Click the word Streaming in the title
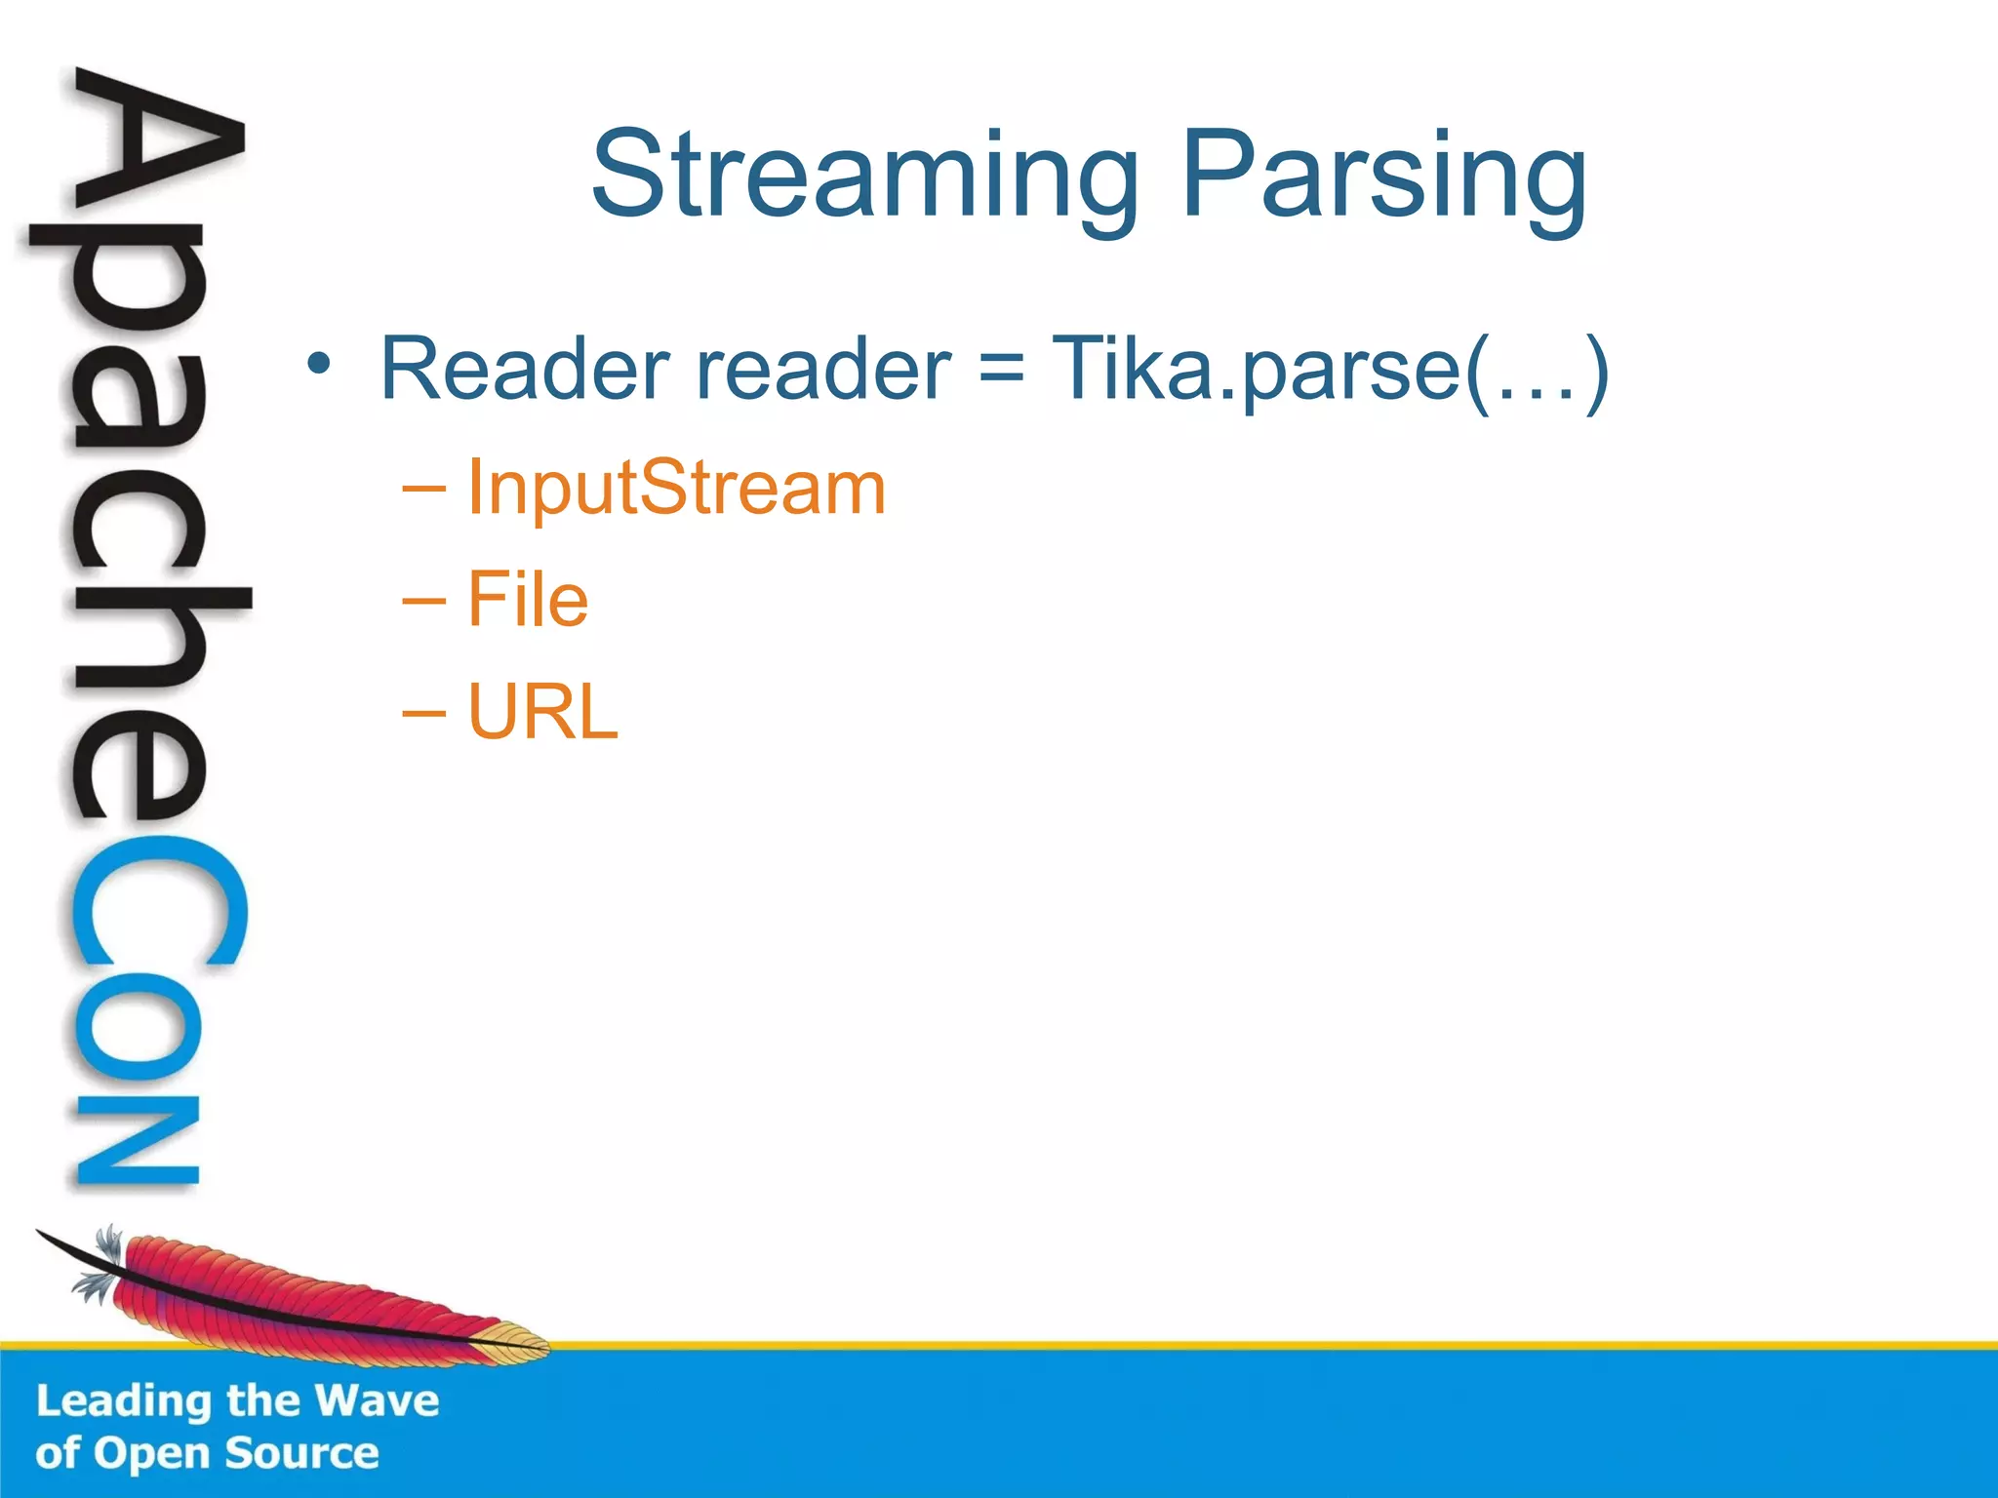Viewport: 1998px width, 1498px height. (864, 176)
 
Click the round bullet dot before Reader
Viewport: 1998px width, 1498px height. (319, 364)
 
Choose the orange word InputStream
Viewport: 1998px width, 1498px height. (676, 487)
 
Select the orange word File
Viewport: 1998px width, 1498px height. (528, 599)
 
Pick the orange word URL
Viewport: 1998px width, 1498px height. (542, 712)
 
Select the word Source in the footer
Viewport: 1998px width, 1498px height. (301, 1453)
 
